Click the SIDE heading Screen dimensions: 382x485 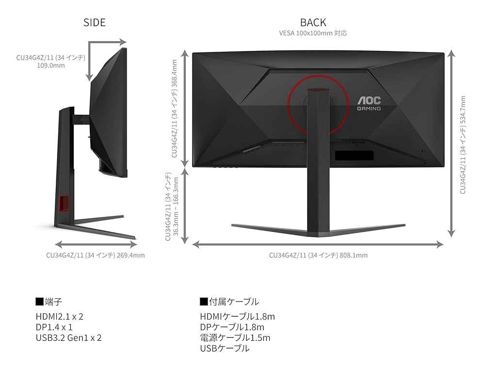pos(94,22)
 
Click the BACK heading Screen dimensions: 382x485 pos(313,22)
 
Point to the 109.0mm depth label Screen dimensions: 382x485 pos(51,61)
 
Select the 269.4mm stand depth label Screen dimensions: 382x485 pos(95,255)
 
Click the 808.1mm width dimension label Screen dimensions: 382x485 pos(318,255)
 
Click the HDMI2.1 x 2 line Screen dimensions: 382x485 pos(59,317)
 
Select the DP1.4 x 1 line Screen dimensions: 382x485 pos(54,327)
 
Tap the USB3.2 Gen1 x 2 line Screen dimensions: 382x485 pos(68,338)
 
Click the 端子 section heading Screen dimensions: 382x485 pos(49,302)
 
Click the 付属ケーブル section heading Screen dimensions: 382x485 pos(229,302)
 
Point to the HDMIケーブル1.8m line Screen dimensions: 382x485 pos(237,317)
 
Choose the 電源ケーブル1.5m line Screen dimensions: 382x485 pos(235,338)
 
